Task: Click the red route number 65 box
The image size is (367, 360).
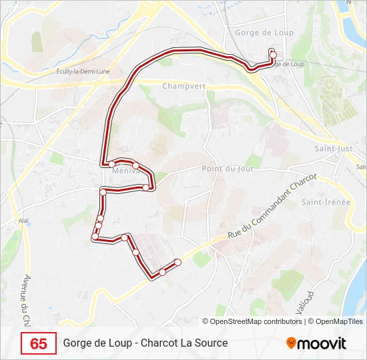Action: click(39, 343)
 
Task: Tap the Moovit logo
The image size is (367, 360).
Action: click(316, 343)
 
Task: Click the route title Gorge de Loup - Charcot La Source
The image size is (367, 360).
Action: click(145, 343)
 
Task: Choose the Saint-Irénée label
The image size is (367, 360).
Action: click(325, 202)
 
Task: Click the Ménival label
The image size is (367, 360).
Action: click(125, 171)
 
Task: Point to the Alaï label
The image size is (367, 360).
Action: click(23, 220)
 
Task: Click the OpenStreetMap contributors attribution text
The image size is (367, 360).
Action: click(256, 321)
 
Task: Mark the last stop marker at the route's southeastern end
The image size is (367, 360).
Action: click(177, 262)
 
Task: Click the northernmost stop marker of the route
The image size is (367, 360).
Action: click(272, 52)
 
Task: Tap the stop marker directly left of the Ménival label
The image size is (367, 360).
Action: click(112, 164)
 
